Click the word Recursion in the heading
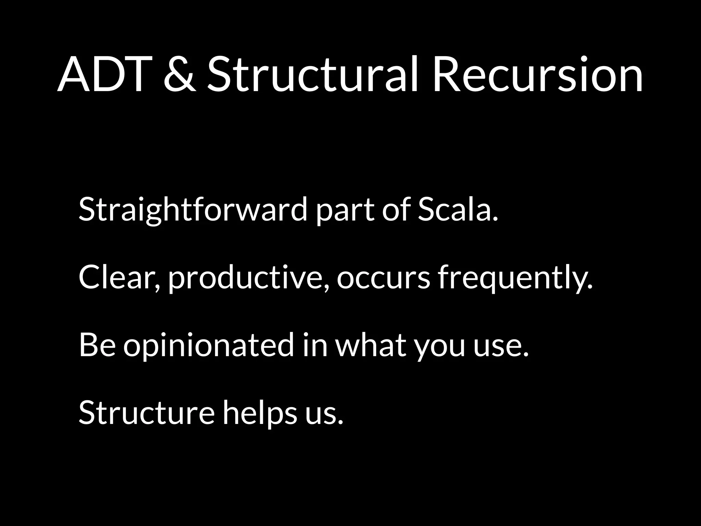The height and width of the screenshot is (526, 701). pos(537,75)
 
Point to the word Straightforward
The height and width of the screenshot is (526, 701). pos(193,210)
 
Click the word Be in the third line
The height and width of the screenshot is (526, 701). pos(97,345)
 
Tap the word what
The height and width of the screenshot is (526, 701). pos(370,345)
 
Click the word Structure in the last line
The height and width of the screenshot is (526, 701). pos(146,412)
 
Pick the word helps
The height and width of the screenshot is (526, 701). pos(260,413)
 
